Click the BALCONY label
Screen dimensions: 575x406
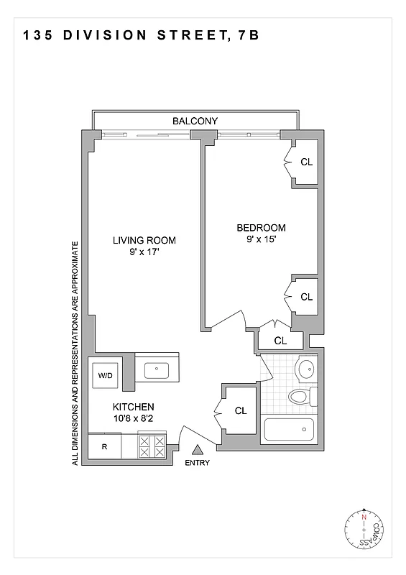pos(195,121)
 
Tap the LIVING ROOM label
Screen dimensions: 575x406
pos(144,240)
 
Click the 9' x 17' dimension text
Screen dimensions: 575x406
pos(144,252)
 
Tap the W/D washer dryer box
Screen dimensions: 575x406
pos(106,375)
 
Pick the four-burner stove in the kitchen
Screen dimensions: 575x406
pos(152,446)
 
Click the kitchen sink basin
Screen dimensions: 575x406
pos(156,369)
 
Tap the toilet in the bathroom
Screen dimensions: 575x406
pos(301,395)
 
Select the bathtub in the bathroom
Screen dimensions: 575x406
pos(290,430)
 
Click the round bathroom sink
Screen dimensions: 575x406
pos(305,369)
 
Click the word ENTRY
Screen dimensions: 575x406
pos(198,463)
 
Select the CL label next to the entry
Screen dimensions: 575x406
pos(241,411)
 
